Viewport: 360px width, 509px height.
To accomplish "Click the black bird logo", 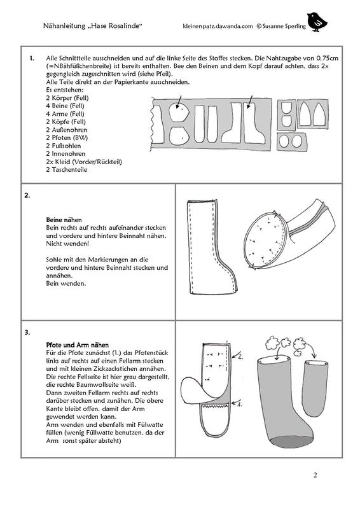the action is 317,22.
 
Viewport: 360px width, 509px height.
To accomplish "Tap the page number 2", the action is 315,475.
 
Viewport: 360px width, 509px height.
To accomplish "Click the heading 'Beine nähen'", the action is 64,220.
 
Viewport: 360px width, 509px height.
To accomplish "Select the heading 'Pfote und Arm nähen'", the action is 77,345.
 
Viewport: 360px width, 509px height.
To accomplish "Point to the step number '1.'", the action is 32,59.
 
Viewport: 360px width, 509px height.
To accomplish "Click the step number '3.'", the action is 27,332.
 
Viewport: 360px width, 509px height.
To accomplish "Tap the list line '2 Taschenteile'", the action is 67,169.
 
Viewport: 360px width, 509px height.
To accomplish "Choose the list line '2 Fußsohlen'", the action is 64,146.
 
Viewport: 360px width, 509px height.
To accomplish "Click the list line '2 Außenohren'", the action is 67,130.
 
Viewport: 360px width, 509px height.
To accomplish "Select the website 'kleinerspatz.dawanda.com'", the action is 218,27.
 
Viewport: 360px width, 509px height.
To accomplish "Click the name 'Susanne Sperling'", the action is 284,27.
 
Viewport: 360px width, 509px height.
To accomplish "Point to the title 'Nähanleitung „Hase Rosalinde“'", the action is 92,25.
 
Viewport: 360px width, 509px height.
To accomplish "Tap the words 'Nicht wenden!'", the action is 67,244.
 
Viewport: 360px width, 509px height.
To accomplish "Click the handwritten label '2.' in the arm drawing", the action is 240,356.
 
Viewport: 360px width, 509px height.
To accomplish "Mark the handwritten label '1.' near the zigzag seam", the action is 239,405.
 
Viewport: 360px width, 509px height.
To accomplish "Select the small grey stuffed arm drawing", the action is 314,388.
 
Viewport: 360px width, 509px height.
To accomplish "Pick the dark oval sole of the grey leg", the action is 292,442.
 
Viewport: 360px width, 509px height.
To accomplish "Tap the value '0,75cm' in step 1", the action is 327,59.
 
